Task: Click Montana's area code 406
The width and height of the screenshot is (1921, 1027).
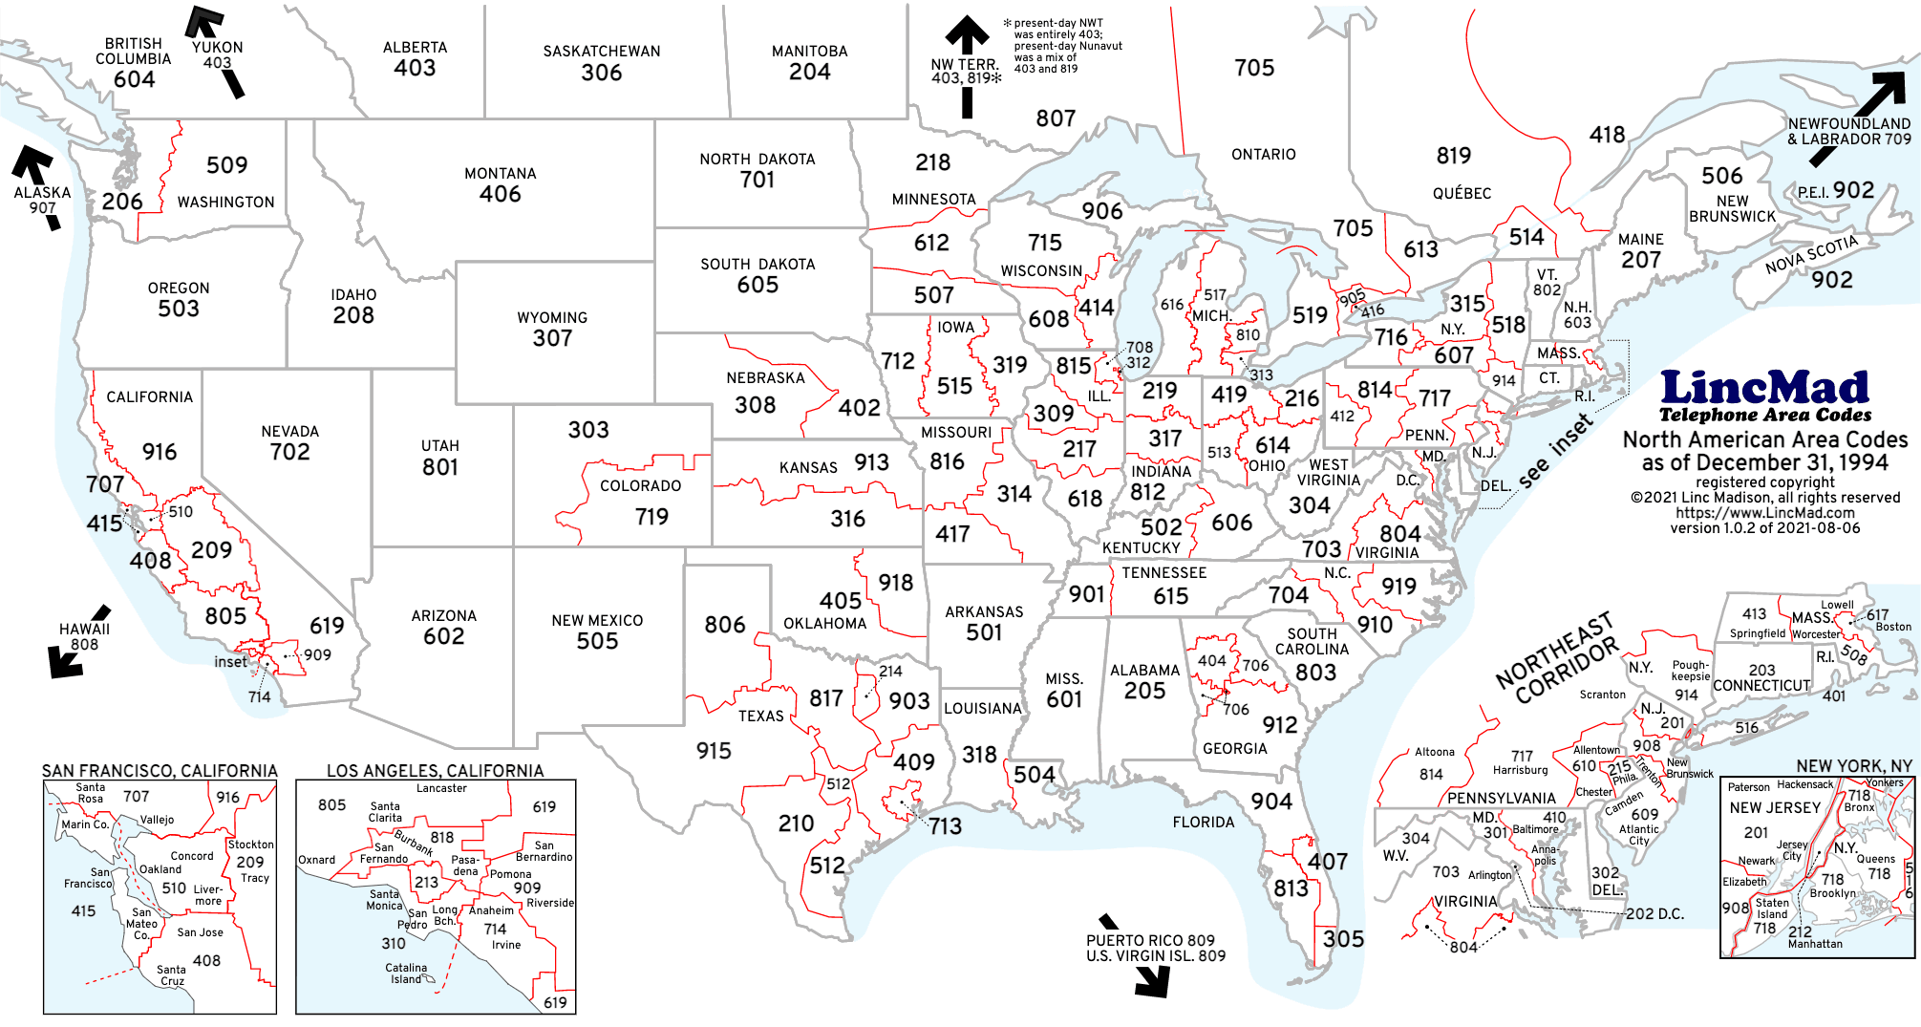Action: point(500,194)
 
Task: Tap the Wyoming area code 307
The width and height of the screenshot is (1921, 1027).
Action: point(552,338)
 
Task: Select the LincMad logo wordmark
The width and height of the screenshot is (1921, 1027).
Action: point(1764,388)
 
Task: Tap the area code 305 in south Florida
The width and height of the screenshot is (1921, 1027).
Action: point(1343,938)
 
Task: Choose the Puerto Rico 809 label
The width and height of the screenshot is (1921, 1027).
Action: point(1150,940)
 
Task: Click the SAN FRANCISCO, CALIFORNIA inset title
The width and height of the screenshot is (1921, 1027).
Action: point(160,770)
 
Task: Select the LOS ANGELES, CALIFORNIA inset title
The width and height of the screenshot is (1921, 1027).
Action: point(435,770)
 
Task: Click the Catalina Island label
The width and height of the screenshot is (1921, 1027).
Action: point(406,973)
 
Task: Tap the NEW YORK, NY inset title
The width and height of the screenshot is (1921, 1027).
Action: point(1853,766)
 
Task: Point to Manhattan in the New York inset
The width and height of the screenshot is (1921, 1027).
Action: point(1815,944)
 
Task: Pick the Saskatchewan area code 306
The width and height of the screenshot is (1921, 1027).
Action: point(601,73)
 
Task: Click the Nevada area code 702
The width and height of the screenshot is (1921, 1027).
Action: point(289,452)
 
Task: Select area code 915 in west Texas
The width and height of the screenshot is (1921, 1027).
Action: point(714,751)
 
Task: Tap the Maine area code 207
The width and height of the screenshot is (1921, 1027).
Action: point(1640,260)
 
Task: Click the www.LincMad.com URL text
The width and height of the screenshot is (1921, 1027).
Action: point(1764,513)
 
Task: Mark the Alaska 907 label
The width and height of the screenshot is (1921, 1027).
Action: point(42,200)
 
